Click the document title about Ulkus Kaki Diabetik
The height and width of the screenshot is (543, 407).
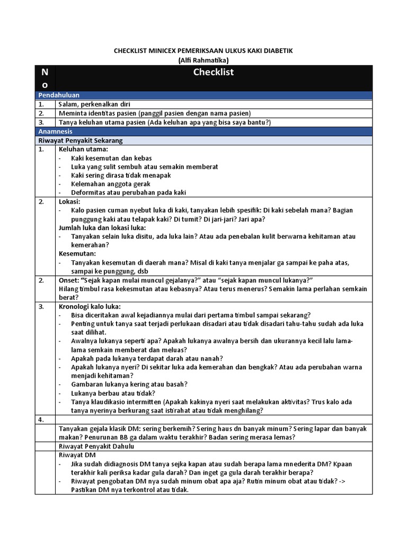click(x=203, y=50)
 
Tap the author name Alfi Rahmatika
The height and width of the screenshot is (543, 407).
click(x=203, y=60)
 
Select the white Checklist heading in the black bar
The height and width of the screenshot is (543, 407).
click(x=214, y=72)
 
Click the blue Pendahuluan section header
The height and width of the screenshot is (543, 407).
click(x=58, y=95)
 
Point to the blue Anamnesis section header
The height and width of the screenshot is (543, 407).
click(x=55, y=131)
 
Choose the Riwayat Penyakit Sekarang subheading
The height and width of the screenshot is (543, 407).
click(x=80, y=141)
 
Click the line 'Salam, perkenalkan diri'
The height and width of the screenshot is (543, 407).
click(x=94, y=104)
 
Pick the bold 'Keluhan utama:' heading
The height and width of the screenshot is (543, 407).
click(x=83, y=150)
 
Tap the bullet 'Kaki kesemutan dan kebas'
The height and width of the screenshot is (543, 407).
click(x=111, y=158)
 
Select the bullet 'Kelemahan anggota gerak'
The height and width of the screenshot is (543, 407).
click(x=111, y=184)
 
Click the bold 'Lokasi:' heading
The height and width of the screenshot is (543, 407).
click(x=69, y=202)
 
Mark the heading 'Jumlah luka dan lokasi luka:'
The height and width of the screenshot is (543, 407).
click(x=102, y=227)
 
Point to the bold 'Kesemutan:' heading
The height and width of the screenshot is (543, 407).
click(x=77, y=253)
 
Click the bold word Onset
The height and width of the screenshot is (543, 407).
click(x=69, y=280)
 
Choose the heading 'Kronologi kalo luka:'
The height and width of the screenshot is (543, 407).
click(x=90, y=306)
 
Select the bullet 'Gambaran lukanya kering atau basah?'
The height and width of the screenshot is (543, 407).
click(x=129, y=384)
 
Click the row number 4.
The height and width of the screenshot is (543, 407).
click(x=41, y=419)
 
